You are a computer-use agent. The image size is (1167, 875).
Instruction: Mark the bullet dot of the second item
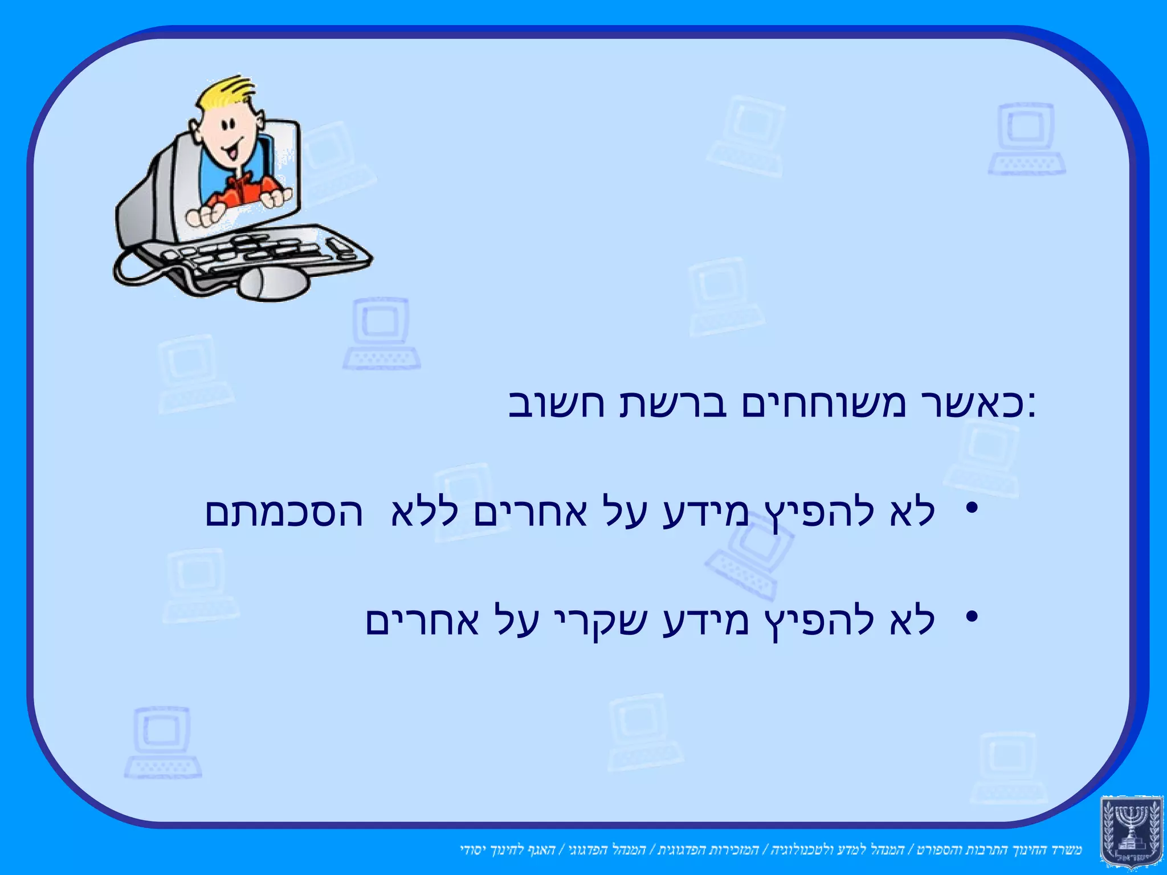pos(972,616)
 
